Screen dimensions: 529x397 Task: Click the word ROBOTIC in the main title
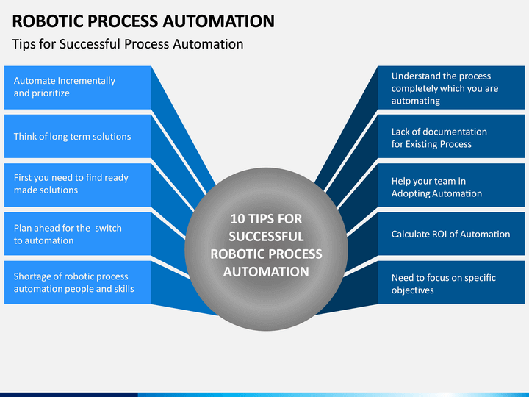click(x=48, y=21)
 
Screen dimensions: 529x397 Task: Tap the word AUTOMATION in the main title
click(x=219, y=21)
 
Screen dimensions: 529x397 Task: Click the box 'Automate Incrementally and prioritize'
click(x=78, y=87)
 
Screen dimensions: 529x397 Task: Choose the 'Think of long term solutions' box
click(x=78, y=136)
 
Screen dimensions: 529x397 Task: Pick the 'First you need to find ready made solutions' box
click(x=78, y=185)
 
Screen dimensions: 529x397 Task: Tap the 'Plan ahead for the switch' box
click(x=78, y=234)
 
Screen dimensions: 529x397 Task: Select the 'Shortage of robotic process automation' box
click(x=78, y=282)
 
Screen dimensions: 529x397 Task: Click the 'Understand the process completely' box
click(x=451, y=87)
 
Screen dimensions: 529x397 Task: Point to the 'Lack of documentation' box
click(x=451, y=136)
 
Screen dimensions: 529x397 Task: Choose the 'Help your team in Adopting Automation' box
click(x=451, y=185)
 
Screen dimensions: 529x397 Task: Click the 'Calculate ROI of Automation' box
click(x=451, y=234)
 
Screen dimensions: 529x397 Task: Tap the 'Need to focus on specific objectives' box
click(x=451, y=282)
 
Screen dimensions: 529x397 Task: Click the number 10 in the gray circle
click(x=237, y=219)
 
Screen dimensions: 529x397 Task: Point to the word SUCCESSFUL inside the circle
click(x=266, y=236)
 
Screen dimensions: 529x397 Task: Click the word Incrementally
click(x=87, y=81)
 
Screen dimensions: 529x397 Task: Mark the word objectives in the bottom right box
click(x=413, y=290)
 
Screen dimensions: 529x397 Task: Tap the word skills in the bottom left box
click(x=124, y=289)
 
